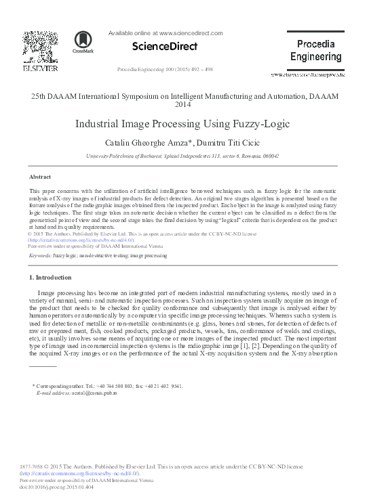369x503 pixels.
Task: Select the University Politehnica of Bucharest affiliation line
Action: [183, 156]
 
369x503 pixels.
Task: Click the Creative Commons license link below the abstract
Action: [81, 240]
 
